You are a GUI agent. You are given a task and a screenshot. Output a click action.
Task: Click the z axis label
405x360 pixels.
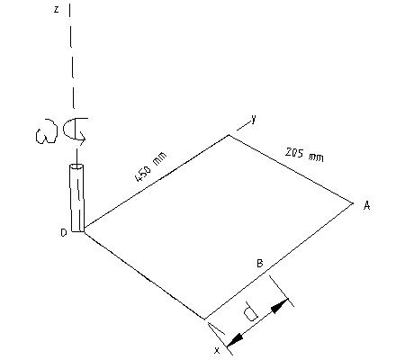(x=56, y=10)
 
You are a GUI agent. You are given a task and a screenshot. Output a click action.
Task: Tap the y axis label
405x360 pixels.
(x=254, y=120)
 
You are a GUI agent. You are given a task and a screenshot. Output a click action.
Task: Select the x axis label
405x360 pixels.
(x=217, y=350)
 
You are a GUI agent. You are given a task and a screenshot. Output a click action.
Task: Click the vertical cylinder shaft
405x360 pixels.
(x=77, y=198)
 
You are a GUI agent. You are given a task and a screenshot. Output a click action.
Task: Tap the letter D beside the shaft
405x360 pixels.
(x=64, y=233)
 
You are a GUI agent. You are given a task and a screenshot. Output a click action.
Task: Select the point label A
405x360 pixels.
(x=367, y=206)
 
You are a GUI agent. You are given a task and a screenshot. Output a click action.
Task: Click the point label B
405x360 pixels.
(x=260, y=264)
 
